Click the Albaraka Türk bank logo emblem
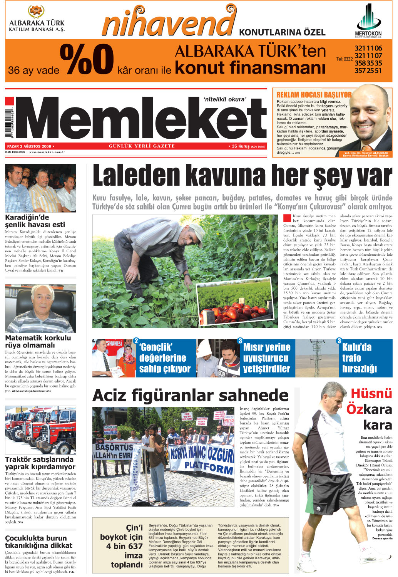[x=37, y=12]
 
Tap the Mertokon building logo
[x=368, y=17]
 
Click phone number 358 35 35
[x=368, y=63]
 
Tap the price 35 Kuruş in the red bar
[x=241, y=146]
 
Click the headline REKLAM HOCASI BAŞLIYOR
[x=314, y=95]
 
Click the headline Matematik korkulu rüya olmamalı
[x=38, y=341]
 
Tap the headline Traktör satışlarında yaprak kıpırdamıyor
[x=40, y=463]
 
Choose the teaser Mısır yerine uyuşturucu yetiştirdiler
[x=266, y=358]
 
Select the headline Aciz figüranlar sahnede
[x=190, y=396]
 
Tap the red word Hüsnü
[x=371, y=394]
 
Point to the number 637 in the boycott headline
[x=133, y=546]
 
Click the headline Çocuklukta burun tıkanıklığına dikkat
[x=38, y=542]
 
